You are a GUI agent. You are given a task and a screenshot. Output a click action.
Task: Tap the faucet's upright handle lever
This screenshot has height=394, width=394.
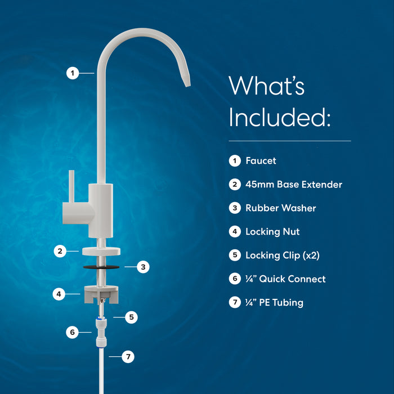pos(71,186)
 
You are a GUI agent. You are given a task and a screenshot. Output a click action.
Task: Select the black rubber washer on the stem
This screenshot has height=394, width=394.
pos(101,267)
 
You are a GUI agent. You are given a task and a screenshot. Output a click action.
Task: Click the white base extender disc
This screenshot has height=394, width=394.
pos(101,251)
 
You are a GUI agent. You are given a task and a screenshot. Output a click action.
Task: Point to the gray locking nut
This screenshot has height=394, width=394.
pos(101,294)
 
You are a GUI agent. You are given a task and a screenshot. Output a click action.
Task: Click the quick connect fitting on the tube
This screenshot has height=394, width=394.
pos(101,332)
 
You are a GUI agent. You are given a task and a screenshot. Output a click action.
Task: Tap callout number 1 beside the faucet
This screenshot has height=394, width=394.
pos(73,73)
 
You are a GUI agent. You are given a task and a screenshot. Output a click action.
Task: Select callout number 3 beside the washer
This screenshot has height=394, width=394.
pos(143,267)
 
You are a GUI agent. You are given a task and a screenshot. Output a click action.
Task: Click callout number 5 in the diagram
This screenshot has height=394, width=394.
pos(131,317)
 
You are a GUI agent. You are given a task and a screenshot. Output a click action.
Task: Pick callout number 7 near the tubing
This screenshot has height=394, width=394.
pos(128,356)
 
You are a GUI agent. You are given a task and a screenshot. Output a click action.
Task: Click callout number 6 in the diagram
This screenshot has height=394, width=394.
pos(73,332)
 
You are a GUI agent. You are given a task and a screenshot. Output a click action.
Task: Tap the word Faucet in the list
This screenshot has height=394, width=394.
pos(261,161)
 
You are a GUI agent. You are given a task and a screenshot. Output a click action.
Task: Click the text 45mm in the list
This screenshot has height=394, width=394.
pos(259,185)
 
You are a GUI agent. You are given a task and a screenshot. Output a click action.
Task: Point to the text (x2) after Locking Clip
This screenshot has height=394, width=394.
pos(311,256)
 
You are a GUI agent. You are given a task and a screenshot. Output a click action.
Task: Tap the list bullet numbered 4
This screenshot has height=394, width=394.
pos(235,231)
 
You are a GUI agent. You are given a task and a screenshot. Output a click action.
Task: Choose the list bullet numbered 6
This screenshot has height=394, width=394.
pos(235,279)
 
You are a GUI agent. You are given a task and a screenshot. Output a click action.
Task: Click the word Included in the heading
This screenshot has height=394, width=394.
pos(279,118)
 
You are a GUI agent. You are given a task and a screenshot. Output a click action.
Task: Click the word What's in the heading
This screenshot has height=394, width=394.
pos(267,86)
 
